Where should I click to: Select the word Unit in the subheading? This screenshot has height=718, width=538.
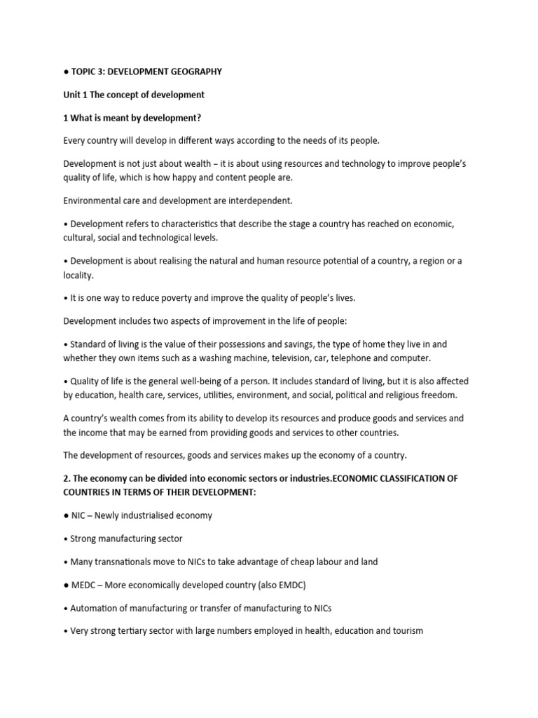(x=72, y=95)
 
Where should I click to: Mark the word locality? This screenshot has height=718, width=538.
(x=78, y=275)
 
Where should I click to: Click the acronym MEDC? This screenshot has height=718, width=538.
(x=85, y=585)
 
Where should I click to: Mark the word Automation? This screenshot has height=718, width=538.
(x=96, y=608)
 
